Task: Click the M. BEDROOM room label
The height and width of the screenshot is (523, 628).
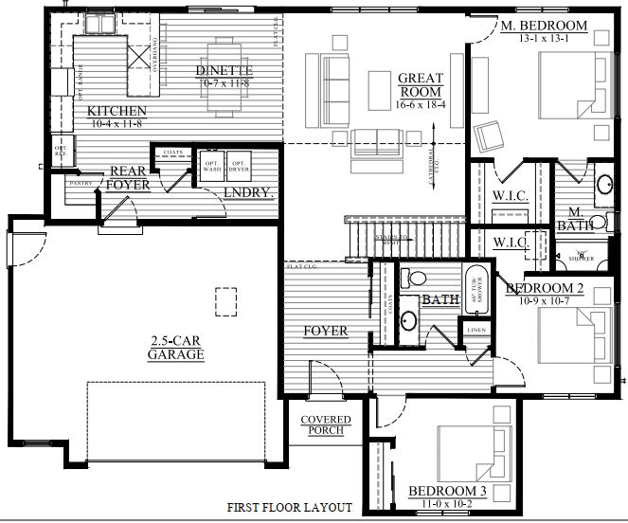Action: pyautogui.click(x=544, y=26)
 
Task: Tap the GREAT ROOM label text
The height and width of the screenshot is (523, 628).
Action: pyautogui.click(x=422, y=85)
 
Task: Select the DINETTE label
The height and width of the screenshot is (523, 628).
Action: pyautogui.click(x=224, y=71)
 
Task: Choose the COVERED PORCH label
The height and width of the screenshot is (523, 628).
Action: pyautogui.click(x=326, y=425)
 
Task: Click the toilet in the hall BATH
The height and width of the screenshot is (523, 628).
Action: pyautogui.click(x=409, y=277)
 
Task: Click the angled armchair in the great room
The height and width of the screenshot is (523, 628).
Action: pyautogui.click(x=491, y=137)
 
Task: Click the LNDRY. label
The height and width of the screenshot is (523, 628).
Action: pyautogui.click(x=248, y=193)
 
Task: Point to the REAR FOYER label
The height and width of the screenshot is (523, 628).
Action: pyautogui.click(x=129, y=178)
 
